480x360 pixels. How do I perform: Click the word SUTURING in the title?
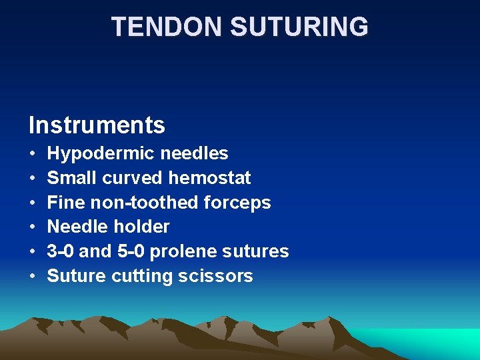click(x=299, y=27)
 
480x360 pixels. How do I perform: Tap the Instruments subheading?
click(x=97, y=125)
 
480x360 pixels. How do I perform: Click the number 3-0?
click(x=61, y=251)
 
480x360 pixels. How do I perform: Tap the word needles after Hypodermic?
click(x=198, y=154)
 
